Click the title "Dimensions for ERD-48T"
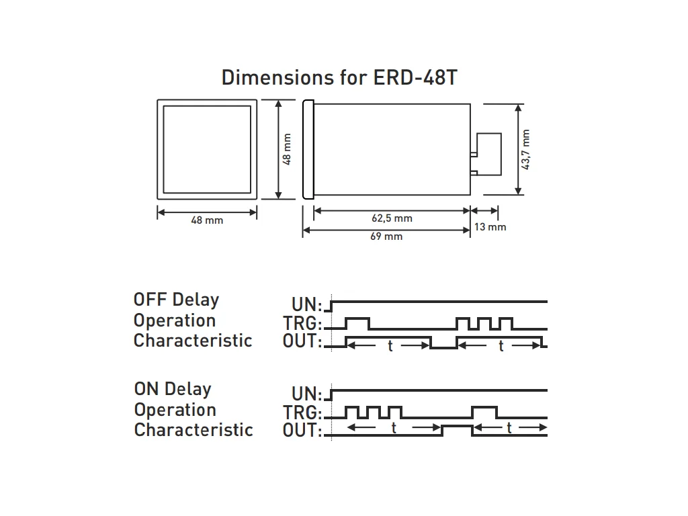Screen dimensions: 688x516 [x=339, y=78]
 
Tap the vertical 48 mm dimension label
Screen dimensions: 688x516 [x=287, y=149]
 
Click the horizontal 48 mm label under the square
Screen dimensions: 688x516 [x=207, y=220]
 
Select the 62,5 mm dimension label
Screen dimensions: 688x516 [x=392, y=218]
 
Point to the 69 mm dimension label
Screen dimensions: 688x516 [x=386, y=236]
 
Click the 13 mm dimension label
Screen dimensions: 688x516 [x=490, y=227]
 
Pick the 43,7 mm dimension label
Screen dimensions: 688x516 [x=525, y=149]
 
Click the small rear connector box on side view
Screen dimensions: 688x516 [x=489, y=155]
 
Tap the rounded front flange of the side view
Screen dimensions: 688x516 [x=308, y=150]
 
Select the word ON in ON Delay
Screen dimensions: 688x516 [x=146, y=389]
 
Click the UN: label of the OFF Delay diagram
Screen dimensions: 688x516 [x=306, y=304]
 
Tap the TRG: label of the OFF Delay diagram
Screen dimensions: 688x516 [x=302, y=323]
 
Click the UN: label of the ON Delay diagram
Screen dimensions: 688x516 [x=306, y=394]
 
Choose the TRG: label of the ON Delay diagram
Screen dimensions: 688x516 [x=302, y=413]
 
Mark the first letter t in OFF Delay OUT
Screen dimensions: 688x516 [x=390, y=346]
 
